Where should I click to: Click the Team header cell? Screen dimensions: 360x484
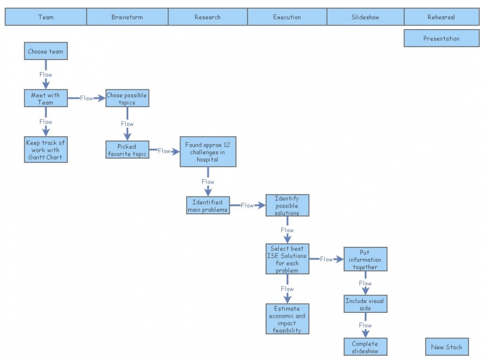pyautogui.click(x=46, y=17)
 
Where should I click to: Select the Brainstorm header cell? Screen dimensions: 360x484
pyautogui.click(x=127, y=17)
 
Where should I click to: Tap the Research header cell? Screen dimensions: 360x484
pyautogui.click(x=208, y=17)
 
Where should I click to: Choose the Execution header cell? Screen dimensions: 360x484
pyautogui.click(x=287, y=17)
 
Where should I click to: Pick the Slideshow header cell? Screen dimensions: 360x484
pyautogui.click(x=365, y=17)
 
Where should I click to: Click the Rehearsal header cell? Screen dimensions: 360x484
pyautogui.click(x=441, y=17)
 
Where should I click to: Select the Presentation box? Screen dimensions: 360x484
pyautogui.click(x=441, y=39)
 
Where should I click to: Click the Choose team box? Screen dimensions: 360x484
pyautogui.click(x=45, y=51)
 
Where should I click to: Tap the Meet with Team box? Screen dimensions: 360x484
pyautogui.click(x=46, y=99)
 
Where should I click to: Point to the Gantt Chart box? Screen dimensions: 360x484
pyautogui.click(x=45, y=150)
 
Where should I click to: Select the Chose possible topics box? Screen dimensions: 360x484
pyautogui.click(x=127, y=99)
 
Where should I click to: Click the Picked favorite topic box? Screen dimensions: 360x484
pyautogui.click(x=127, y=149)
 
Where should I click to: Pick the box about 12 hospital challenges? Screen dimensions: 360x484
pyautogui.click(x=208, y=152)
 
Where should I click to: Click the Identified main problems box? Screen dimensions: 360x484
pyautogui.click(x=208, y=206)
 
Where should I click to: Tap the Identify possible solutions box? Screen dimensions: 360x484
pyautogui.click(x=287, y=206)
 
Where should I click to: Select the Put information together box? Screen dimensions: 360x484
pyautogui.click(x=365, y=259)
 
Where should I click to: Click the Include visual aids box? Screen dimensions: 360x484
pyautogui.click(x=365, y=304)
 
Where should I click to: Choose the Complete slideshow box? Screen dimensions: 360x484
pyautogui.click(x=365, y=347)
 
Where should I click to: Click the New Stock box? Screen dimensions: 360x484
pyautogui.click(x=446, y=347)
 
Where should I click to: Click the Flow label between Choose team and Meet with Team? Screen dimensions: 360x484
pyautogui.click(x=46, y=75)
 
